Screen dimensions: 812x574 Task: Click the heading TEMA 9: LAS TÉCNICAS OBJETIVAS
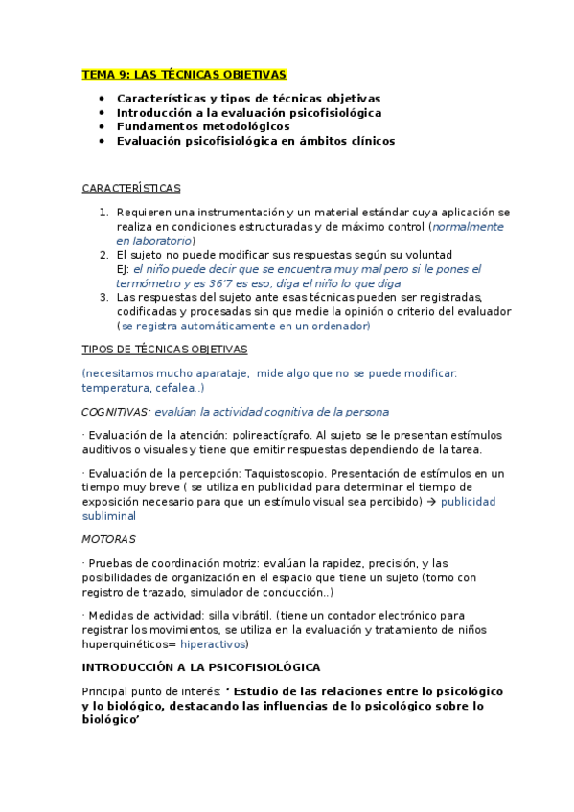pyautogui.click(x=183, y=74)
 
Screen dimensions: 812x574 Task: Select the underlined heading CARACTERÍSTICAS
pyautogui.click(x=131, y=188)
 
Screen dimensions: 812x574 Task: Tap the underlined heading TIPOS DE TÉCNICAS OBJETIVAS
pyautogui.click(x=165, y=350)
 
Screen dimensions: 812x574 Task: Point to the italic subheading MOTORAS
pyautogui.click(x=108, y=539)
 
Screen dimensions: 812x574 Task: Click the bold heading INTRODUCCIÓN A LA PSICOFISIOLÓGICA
pyautogui.click(x=201, y=666)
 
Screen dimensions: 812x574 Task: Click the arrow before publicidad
pyautogui.click(x=431, y=501)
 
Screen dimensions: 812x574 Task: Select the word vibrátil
pyautogui.click(x=242, y=615)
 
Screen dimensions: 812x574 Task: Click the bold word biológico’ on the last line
pyautogui.click(x=111, y=719)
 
